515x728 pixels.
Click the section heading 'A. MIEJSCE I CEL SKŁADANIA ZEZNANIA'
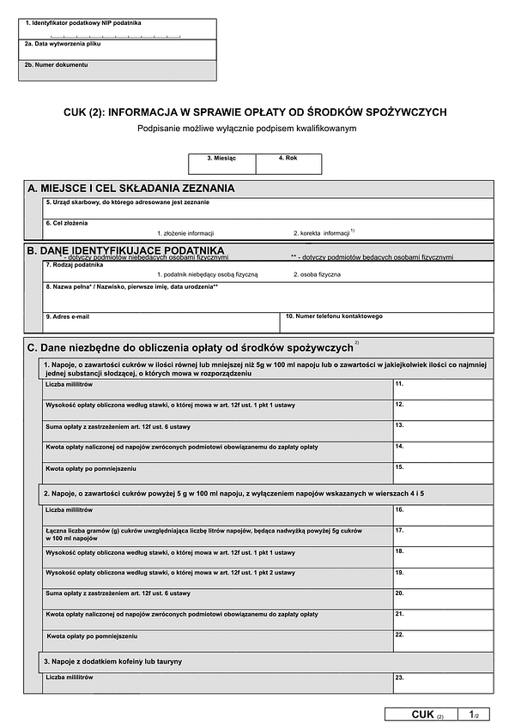point(131,189)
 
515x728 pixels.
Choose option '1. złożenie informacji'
point(185,233)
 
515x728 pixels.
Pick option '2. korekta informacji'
point(322,233)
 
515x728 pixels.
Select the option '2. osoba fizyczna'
point(317,274)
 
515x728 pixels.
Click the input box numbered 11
point(443,389)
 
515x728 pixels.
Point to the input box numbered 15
point(443,472)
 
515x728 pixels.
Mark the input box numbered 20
point(443,599)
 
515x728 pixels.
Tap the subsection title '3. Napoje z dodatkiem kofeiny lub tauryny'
point(112,662)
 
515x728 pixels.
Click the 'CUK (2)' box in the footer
point(426,714)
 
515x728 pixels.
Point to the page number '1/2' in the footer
point(475,714)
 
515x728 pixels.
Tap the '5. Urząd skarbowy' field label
point(127,202)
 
